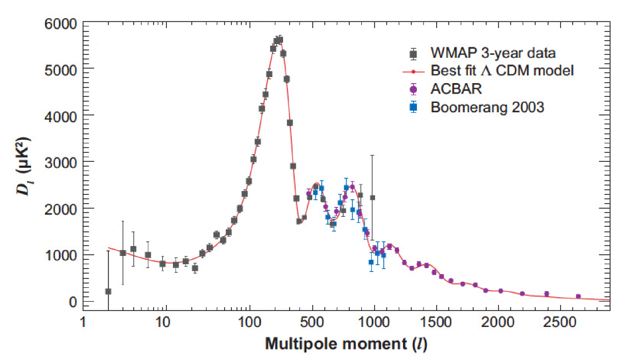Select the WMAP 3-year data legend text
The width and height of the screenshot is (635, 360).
point(492,53)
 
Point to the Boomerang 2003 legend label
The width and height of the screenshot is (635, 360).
point(487,107)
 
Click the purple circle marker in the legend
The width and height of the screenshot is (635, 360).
point(414,89)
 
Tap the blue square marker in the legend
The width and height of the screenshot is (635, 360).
point(414,107)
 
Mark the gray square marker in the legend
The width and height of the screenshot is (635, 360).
point(414,53)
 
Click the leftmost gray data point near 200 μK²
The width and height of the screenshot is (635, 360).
point(108,291)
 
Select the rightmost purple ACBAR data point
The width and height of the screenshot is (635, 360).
point(578,296)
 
